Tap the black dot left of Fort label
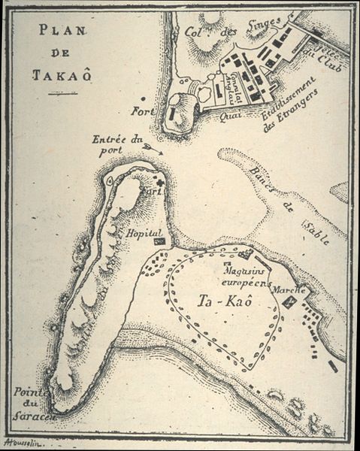point(144,98)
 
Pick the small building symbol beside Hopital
point(159,241)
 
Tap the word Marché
point(288,289)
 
